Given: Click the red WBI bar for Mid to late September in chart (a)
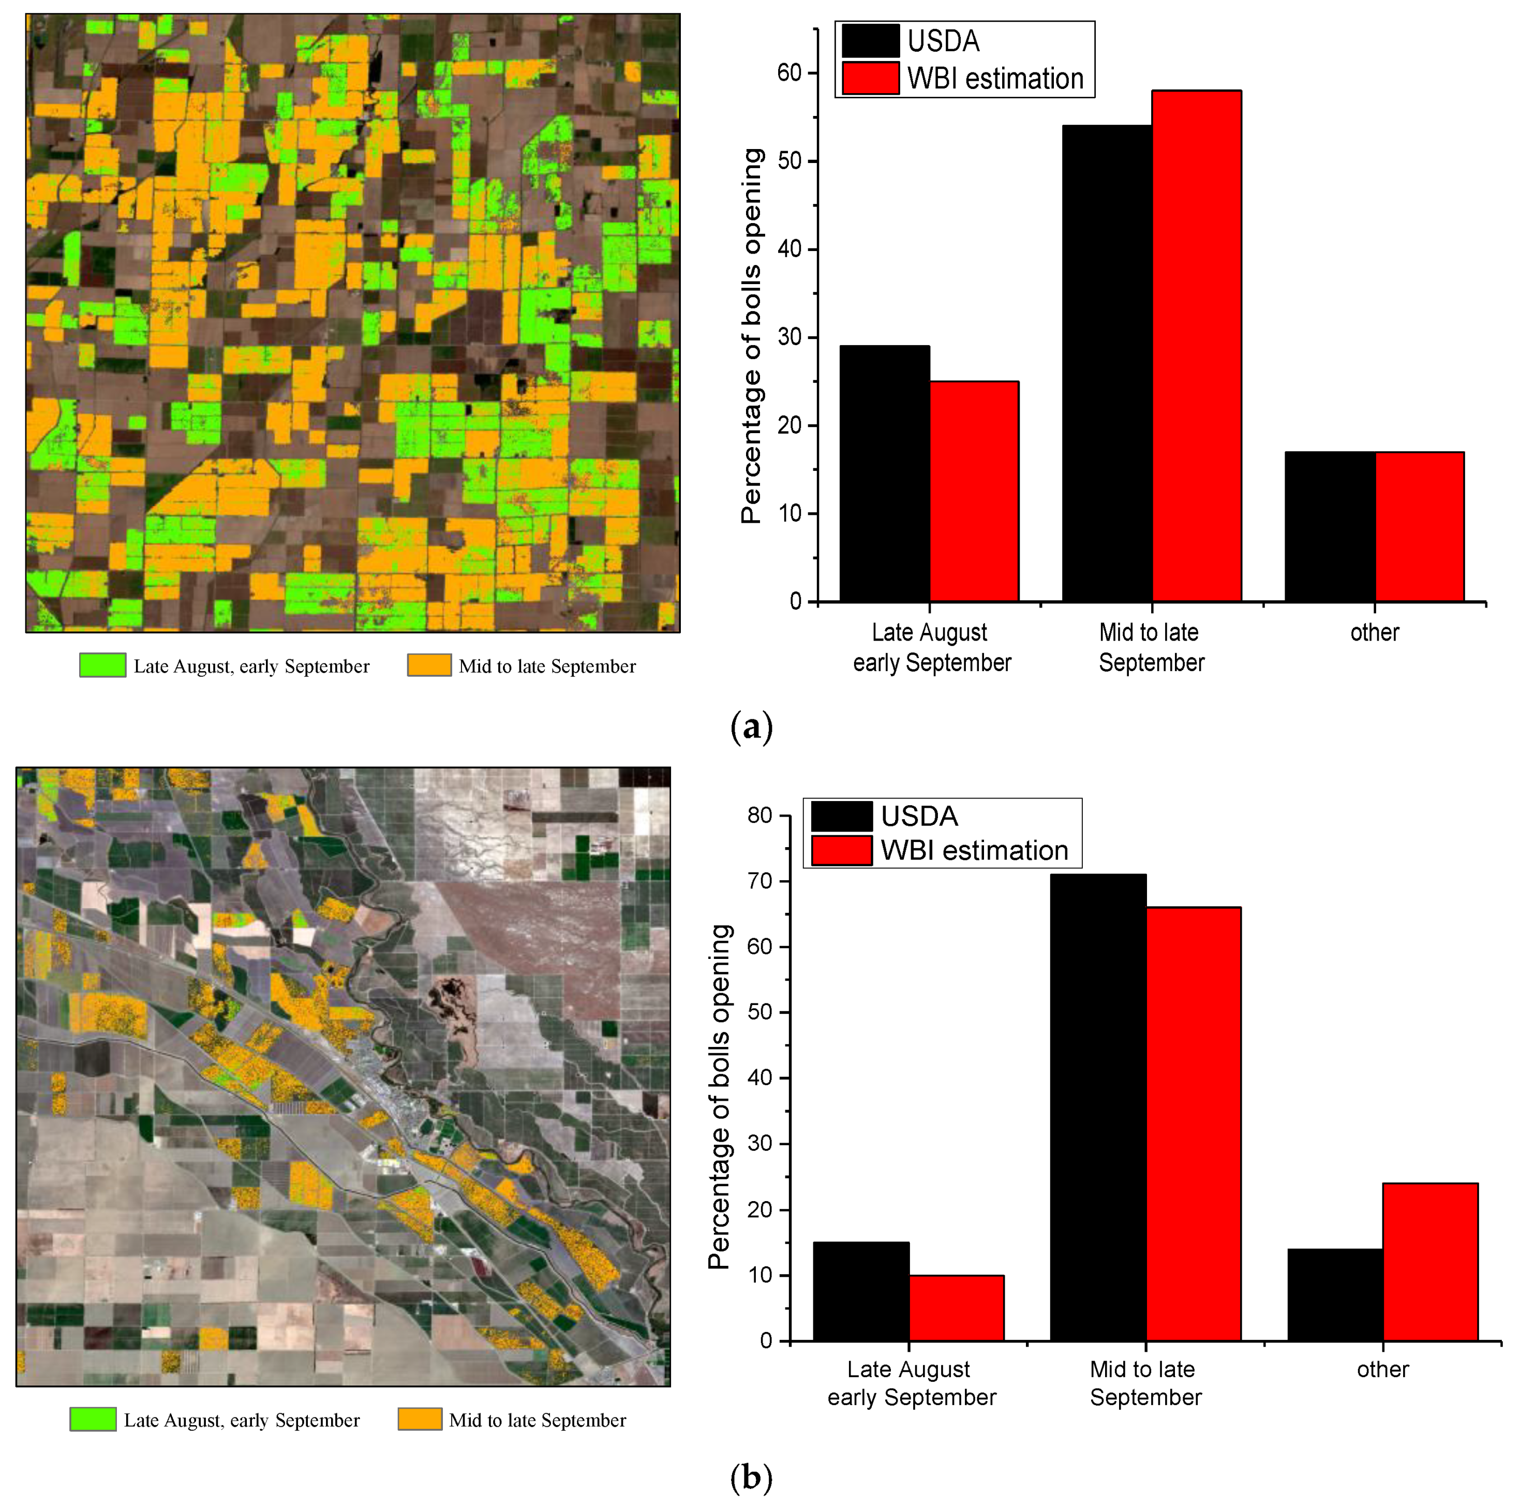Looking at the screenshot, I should (1197, 346).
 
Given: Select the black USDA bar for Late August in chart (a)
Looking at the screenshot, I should (884, 474).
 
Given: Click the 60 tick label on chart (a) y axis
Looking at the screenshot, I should (788, 73).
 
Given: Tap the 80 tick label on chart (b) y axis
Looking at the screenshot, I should (760, 816).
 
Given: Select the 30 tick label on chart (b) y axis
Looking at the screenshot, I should (760, 1144).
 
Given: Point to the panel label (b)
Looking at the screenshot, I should (751, 1477).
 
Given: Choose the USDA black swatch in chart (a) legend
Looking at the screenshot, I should (870, 41).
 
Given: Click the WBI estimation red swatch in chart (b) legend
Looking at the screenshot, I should (841, 850).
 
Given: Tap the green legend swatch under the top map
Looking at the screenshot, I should (102, 665).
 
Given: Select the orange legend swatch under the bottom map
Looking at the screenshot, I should (420, 1419).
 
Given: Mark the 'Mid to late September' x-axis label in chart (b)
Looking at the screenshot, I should (1145, 1383).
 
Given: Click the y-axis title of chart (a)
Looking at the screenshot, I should (751, 336).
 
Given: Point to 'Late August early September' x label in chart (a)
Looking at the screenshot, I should (931, 647).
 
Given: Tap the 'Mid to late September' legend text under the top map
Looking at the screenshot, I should (547, 667).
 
